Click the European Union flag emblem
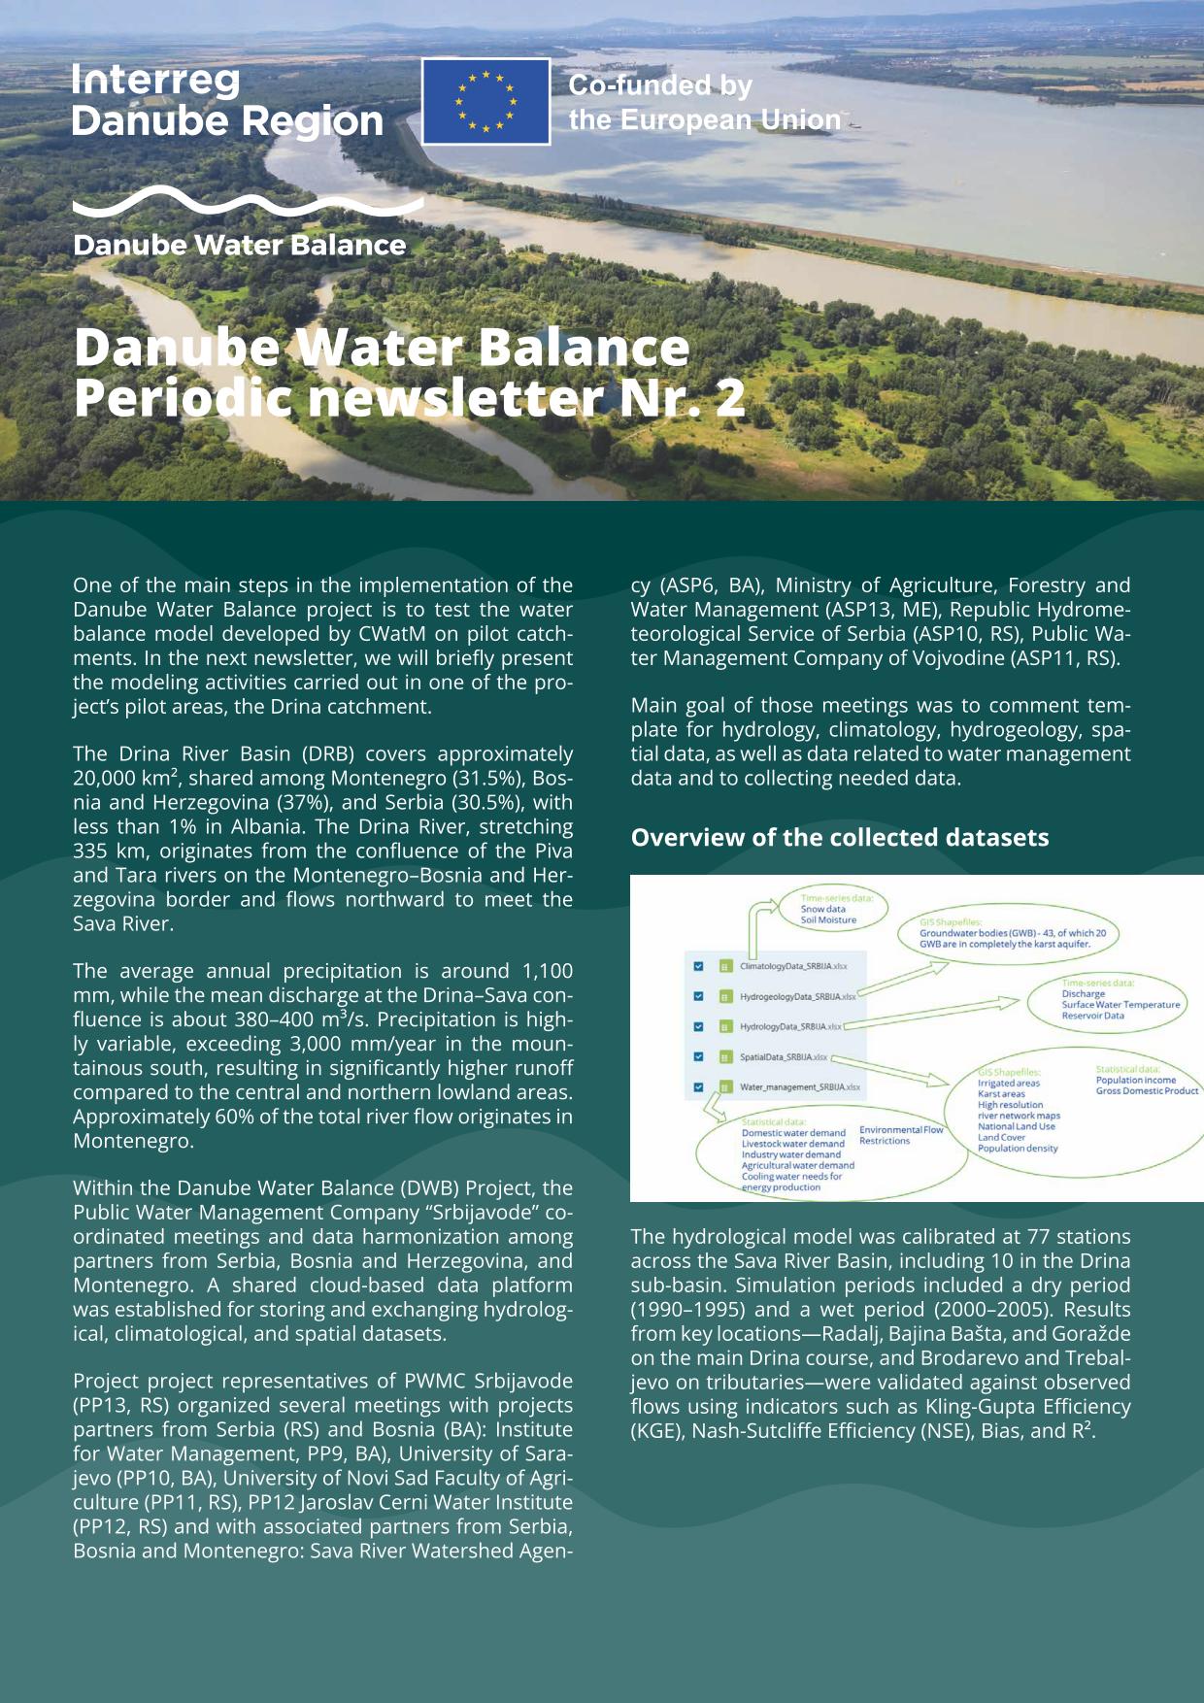485,101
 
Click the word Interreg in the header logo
155,81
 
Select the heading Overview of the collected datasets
839,838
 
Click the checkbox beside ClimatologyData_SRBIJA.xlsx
699,966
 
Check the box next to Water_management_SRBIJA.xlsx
699,1086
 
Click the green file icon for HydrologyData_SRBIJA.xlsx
724,1026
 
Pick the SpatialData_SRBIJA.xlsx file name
783,1057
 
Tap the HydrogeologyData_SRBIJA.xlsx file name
797,997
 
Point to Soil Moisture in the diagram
828,920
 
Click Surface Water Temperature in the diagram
1120,1005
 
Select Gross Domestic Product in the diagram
1147,1091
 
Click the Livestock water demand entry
792,1144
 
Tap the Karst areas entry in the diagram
1001,1094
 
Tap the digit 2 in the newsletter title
730,398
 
